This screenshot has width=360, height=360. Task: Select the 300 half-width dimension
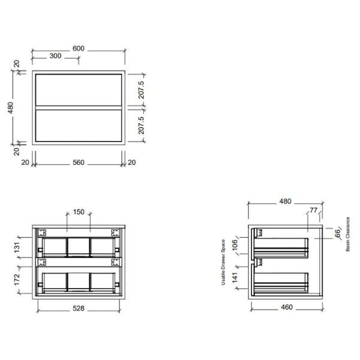pos(55,55)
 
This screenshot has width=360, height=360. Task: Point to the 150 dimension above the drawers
pos(78,212)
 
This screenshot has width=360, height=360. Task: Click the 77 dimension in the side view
pos(313,211)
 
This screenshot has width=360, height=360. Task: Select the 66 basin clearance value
pos(337,233)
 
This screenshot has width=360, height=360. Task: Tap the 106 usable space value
pos(236,245)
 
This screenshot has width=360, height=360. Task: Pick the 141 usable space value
pos(236,277)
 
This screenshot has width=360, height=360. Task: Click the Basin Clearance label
pos(348,234)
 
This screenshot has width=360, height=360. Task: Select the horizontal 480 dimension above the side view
pos(285,202)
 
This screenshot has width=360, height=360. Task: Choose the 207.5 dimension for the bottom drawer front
pos(140,125)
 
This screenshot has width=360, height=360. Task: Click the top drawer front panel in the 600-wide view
pos(78,89)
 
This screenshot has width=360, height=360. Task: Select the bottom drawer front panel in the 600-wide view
pos(78,125)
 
